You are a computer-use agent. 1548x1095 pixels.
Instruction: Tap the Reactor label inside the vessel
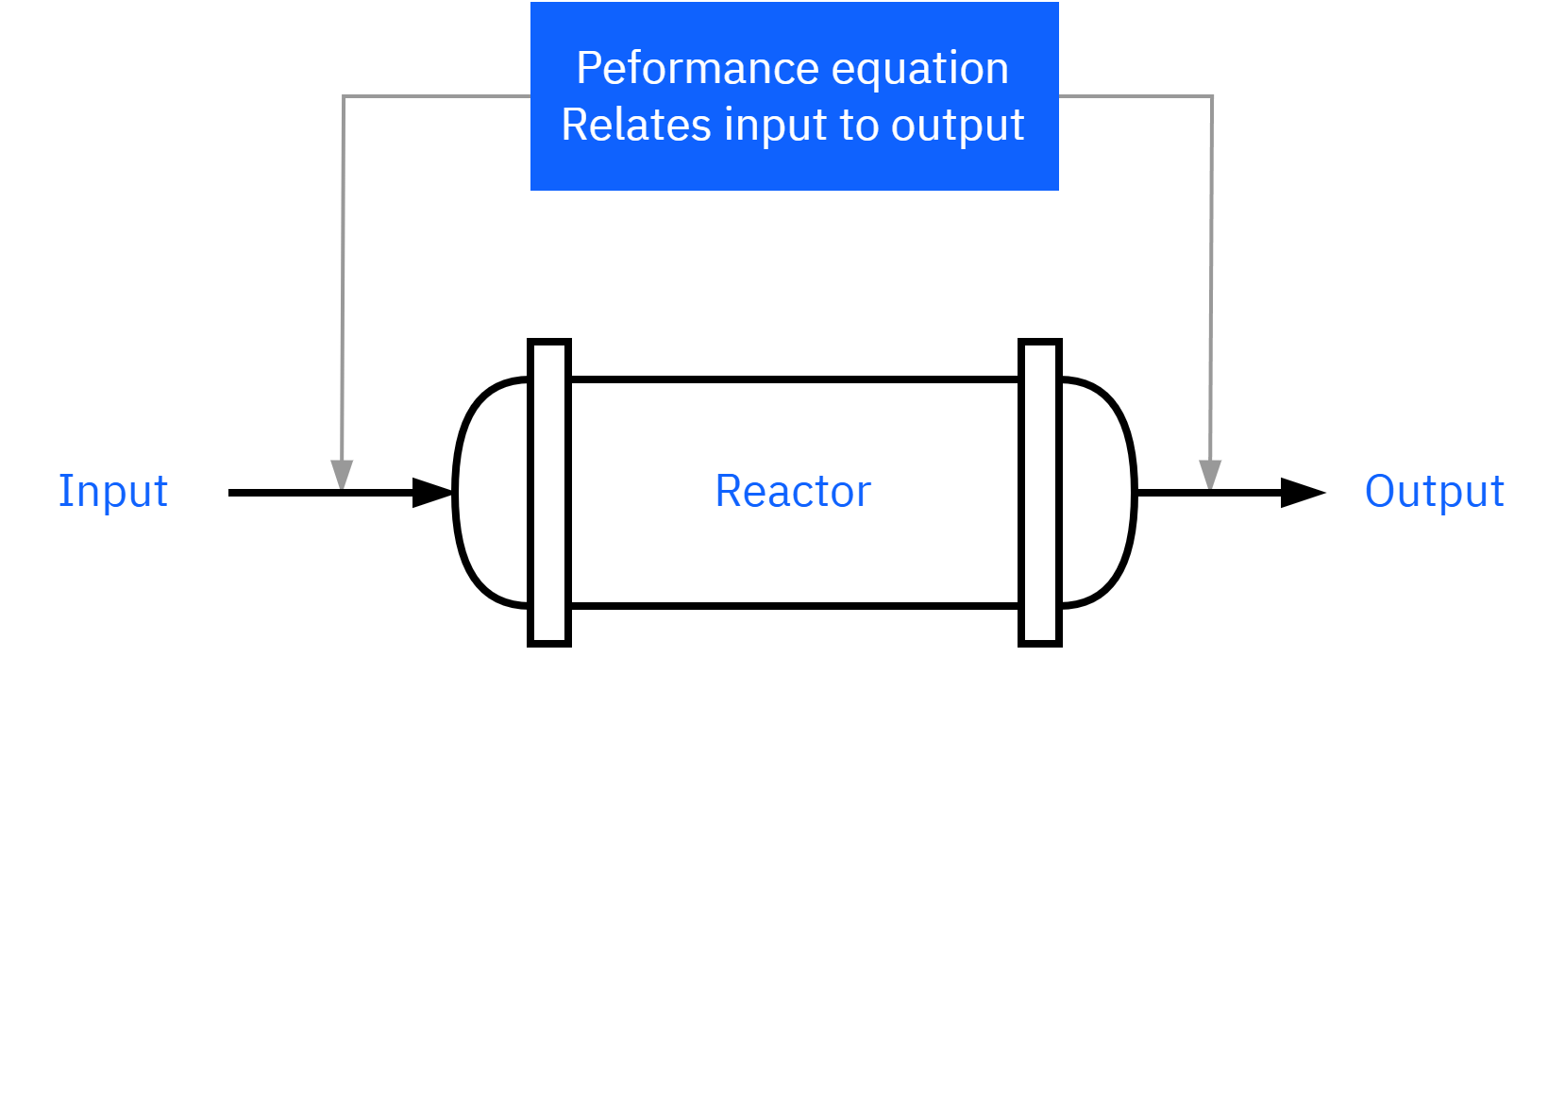point(793,492)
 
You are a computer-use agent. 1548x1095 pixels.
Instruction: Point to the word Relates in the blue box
point(636,126)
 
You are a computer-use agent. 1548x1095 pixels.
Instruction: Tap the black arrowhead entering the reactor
point(433,493)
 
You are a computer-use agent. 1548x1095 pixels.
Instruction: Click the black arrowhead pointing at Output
point(1304,493)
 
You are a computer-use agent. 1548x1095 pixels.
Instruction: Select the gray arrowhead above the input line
point(342,476)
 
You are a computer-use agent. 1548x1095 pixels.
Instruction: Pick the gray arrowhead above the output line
point(1210,476)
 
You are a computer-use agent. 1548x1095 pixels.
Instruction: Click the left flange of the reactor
point(549,493)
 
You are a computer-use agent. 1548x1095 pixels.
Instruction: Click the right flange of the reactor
point(1040,493)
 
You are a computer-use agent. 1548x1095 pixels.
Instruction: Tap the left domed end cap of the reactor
point(456,493)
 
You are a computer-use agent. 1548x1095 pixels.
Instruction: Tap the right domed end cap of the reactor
point(1134,493)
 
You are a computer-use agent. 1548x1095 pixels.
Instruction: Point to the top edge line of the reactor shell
point(795,379)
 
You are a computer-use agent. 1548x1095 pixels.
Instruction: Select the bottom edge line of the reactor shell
point(795,606)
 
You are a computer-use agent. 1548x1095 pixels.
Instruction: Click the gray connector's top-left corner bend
point(345,96)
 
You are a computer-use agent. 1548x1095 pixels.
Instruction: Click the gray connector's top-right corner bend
point(1212,96)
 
